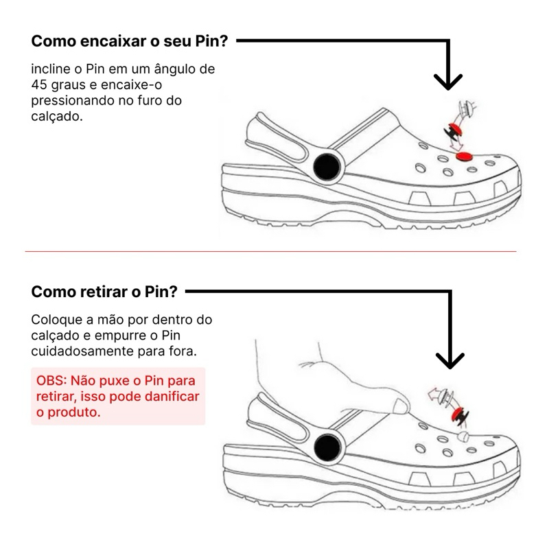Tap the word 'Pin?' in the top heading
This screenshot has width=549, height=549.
click(211, 41)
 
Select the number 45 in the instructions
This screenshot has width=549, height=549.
click(39, 84)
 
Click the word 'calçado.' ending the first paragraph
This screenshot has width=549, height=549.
click(57, 116)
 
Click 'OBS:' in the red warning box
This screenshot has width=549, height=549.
click(51, 380)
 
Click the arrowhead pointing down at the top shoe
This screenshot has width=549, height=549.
click(448, 82)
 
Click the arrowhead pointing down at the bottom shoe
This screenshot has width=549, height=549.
click(450, 361)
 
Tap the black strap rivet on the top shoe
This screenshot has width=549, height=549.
click(327, 167)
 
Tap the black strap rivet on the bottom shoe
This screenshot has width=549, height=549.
click(327, 447)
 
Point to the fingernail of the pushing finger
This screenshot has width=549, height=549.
click(401, 406)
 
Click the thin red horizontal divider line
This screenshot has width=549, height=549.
click(270, 251)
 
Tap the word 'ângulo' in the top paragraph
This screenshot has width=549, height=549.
click(175, 69)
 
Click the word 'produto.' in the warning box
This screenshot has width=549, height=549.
click(74, 412)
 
